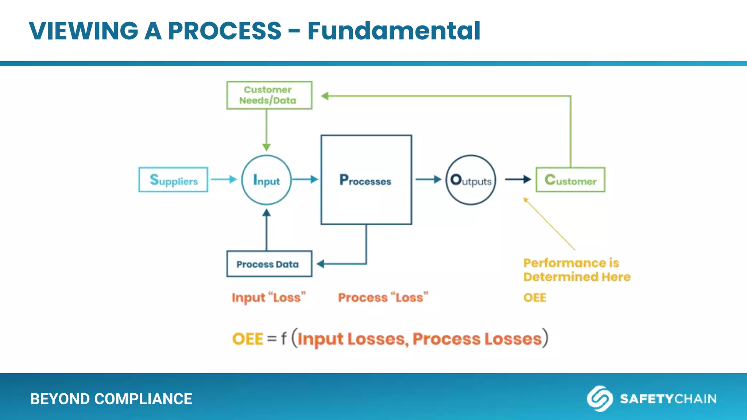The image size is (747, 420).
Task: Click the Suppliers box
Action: click(173, 180)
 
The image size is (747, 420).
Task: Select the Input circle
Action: click(266, 180)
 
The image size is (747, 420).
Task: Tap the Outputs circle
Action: click(471, 180)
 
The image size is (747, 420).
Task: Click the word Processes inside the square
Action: click(365, 180)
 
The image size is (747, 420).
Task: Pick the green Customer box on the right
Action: click(570, 180)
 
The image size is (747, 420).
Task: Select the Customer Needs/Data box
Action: click(269, 95)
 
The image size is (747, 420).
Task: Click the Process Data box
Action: click(269, 264)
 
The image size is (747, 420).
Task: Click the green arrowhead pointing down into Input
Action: click(267, 147)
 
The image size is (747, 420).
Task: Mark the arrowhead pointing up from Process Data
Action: click(267, 213)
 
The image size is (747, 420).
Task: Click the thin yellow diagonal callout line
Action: click(549, 224)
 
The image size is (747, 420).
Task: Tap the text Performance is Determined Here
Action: click(577, 270)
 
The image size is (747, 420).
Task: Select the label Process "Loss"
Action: click(383, 297)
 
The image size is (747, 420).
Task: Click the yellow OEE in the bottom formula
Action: click(248, 339)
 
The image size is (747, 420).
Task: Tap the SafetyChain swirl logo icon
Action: click(599, 398)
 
